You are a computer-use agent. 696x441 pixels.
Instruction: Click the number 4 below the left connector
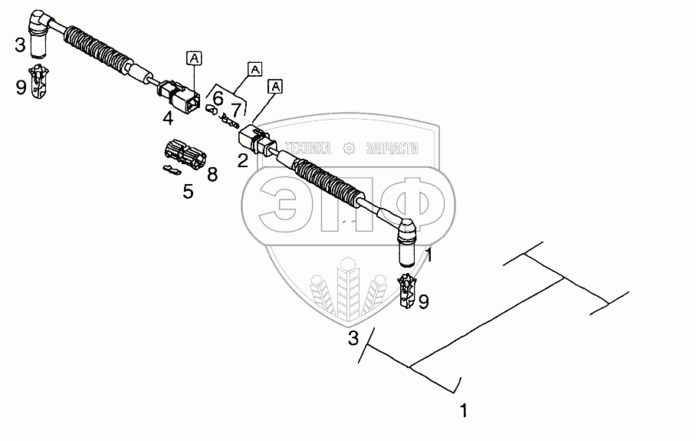click(168, 117)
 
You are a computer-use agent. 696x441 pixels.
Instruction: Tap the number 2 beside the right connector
click(242, 160)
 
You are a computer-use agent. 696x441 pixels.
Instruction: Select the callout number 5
click(188, 191)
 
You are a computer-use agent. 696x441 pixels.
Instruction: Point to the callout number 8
click(212, 174)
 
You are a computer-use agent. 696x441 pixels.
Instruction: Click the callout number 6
click(218, 98)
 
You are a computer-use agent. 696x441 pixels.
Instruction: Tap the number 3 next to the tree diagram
click(353, 337)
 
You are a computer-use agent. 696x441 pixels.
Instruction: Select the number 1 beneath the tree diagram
click(462, 410)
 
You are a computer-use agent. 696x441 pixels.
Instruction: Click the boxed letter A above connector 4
click(194, 58)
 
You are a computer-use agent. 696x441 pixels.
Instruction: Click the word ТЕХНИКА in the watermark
click(307, 148)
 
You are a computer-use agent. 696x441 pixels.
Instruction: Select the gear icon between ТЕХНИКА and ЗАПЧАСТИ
click(349, 148)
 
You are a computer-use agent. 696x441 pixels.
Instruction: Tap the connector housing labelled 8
click(184, 154)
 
